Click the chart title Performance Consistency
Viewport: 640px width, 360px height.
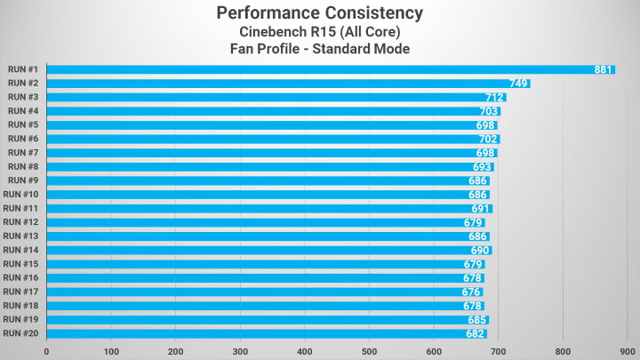(319, 13)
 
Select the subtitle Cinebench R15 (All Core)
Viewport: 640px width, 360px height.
(319, 32)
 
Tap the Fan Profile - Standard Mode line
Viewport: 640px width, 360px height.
(319, 50)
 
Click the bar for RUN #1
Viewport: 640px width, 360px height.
(329, 69)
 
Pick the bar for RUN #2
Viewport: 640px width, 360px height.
(284, 84)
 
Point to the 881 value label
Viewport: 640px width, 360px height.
(604, 69)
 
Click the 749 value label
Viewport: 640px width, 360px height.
(519, 84)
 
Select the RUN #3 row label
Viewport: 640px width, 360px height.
(22, 97)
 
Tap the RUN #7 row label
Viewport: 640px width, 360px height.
(22, 153)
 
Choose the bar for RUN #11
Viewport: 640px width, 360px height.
(267, 209)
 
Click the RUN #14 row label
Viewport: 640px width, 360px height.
(20, 250)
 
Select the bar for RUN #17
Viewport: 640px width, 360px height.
(262, 292)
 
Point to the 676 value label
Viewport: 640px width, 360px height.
(471, 292)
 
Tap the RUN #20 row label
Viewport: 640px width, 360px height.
(20, 333)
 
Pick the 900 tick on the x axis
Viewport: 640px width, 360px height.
(627, 351)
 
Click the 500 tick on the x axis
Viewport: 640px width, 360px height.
(369, 351)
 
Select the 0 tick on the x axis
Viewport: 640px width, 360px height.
(46, 351)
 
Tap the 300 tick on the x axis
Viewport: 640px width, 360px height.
(240, 351)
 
